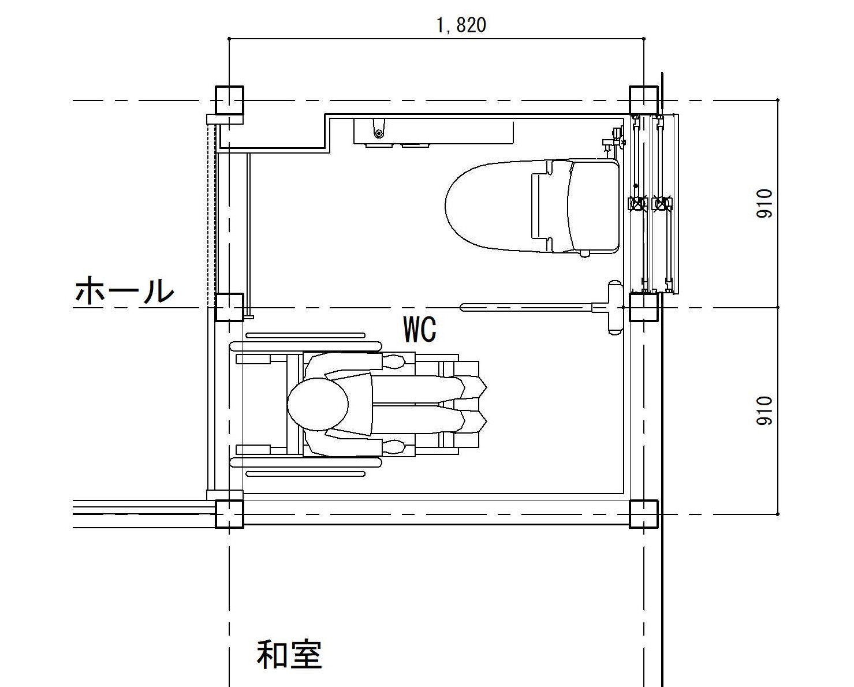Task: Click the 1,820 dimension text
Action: (x=461, y=26)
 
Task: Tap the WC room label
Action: (x=420, y=329)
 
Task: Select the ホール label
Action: (x=125, y=290)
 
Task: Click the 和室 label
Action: (x=289, y=655)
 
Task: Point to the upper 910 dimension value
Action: (x=765, y=204)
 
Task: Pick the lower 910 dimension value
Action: (x=765, y=411)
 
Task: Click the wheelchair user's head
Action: (x=318, y=405)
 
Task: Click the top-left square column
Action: (x=229, y=100)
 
